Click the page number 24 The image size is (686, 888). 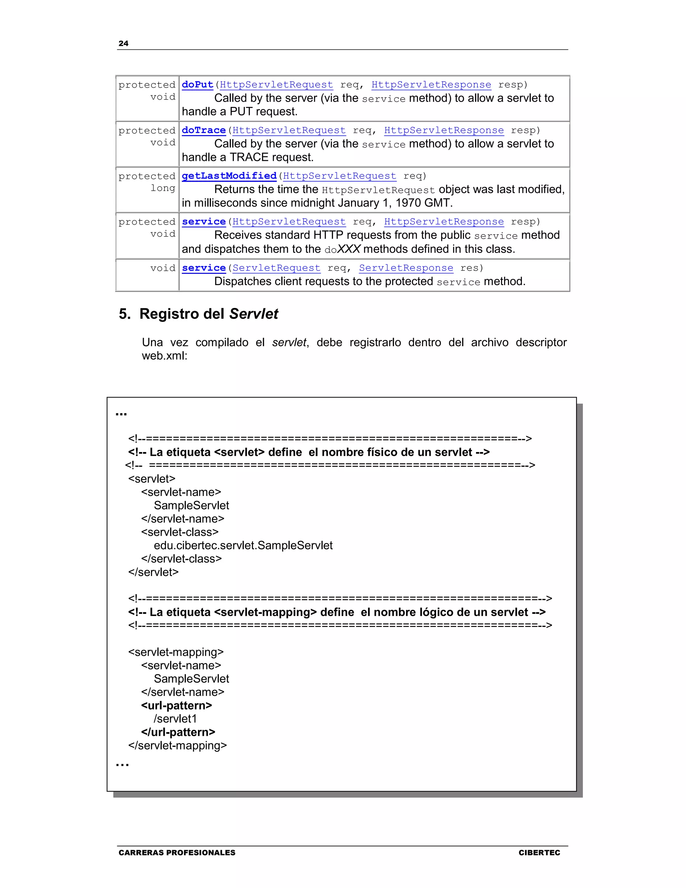(x=123, y=44)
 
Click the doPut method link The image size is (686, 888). (x=198, y=84)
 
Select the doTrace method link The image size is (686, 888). (x=204, y=130)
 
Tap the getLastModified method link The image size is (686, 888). (x=229, y=176)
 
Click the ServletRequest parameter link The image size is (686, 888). (x=276, y=268)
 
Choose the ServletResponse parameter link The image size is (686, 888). (x=406, y=268)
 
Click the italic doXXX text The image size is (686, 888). (x=342, y=249)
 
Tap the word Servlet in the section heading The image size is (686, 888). (x=254, y=314)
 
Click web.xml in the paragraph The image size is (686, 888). (x=164, y=356)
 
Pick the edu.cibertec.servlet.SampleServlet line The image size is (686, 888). (x=243, y=545)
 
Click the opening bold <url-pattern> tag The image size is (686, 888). (x=177, y=705)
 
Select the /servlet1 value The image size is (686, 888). (x=175, y=719)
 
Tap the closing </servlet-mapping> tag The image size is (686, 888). (x=177, y=745)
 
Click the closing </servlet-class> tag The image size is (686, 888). (x=181, y=559)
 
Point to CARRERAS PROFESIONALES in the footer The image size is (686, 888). (x=177, y=852)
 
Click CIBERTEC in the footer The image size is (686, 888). (x=539, y=852)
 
